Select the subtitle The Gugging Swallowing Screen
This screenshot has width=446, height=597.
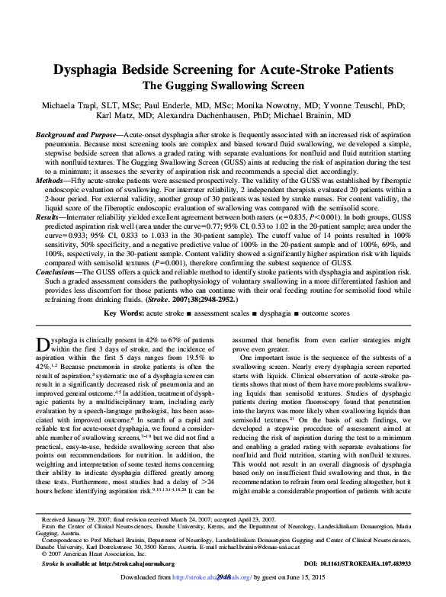pyautogui.click(x=223, y=85)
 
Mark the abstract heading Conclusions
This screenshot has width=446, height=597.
pyautogui.click(x=61, y=273)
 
